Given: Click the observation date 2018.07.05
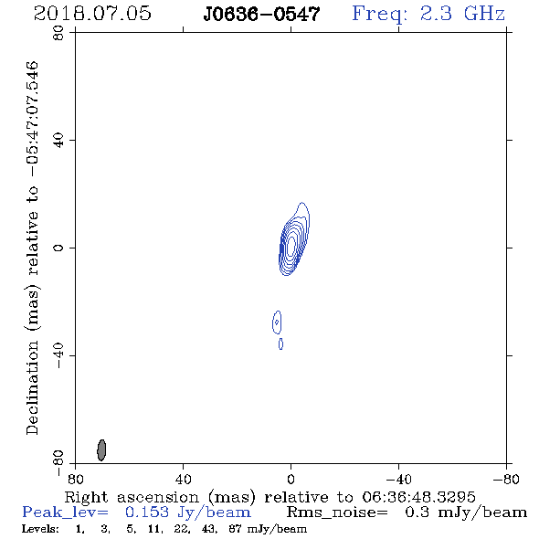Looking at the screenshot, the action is tap(92, 14).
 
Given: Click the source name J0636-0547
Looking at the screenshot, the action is tap(261, 15).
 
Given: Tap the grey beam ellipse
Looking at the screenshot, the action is tap(101, 450).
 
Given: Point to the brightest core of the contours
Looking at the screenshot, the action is tap(291, 245).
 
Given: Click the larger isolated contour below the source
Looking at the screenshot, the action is tap(277, 322).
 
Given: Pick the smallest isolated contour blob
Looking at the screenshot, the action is tap(280, 344).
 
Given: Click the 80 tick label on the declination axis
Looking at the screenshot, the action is tap(58, 33).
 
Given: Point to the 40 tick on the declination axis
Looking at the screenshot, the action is tap(58, 141).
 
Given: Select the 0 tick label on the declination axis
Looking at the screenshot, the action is tap(58, 248).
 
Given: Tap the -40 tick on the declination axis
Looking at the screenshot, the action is tap(58, 355).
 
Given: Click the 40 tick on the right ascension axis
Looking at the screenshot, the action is tap(184, 479).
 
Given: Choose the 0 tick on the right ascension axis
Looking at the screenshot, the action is tap(291, 479).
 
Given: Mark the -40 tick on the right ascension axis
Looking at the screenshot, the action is tap(398, 479).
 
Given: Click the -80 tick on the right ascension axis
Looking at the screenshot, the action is tap(506, 479).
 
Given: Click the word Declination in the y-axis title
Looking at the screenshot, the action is tap(32, 388).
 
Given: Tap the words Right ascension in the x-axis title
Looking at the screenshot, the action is tap(132, 497).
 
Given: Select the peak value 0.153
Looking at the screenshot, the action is tap(147, 513).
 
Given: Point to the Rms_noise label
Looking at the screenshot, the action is tap(337, 513).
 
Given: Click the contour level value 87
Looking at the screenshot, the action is tap(235, 529).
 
